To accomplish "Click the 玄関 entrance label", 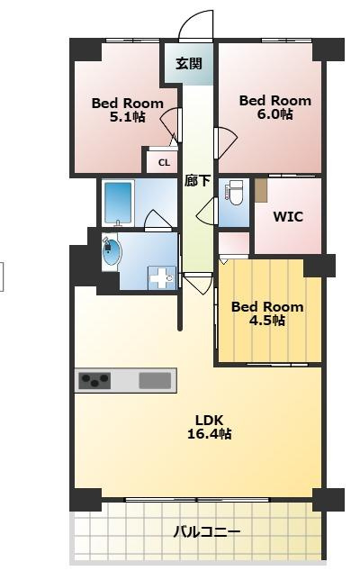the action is pyautogui.click(x=189, y=64).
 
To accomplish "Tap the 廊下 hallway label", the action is pyautogui.click(x=197, y=180).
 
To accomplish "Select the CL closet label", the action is pyautogui.click(x=164, y=163).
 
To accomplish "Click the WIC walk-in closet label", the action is pyautogui.click(x=288, y=217).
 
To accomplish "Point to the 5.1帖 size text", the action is pyautogui.click(x=128, y=117).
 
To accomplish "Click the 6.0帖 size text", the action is pyautogui.click(x=274, y=114).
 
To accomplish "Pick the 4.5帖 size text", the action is pyautogui.click(x=267, y=321).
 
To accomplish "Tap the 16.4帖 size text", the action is pyautogui.click(x=210, y=434).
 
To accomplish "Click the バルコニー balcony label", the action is pyautogui.click(x=206, y=532).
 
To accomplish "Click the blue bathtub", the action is pyautogui.click(x=118, y=203).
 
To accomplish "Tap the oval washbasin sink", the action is pyautogui.click(x=112, y=251).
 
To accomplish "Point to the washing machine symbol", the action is pyautogui.click(x=162, y=278).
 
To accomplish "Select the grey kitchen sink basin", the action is pyautogui.click(x=155, y=381).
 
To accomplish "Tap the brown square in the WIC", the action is pyautogui.click(x=261, y=190).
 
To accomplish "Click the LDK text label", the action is pyautogui.click(x=209, y=421).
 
